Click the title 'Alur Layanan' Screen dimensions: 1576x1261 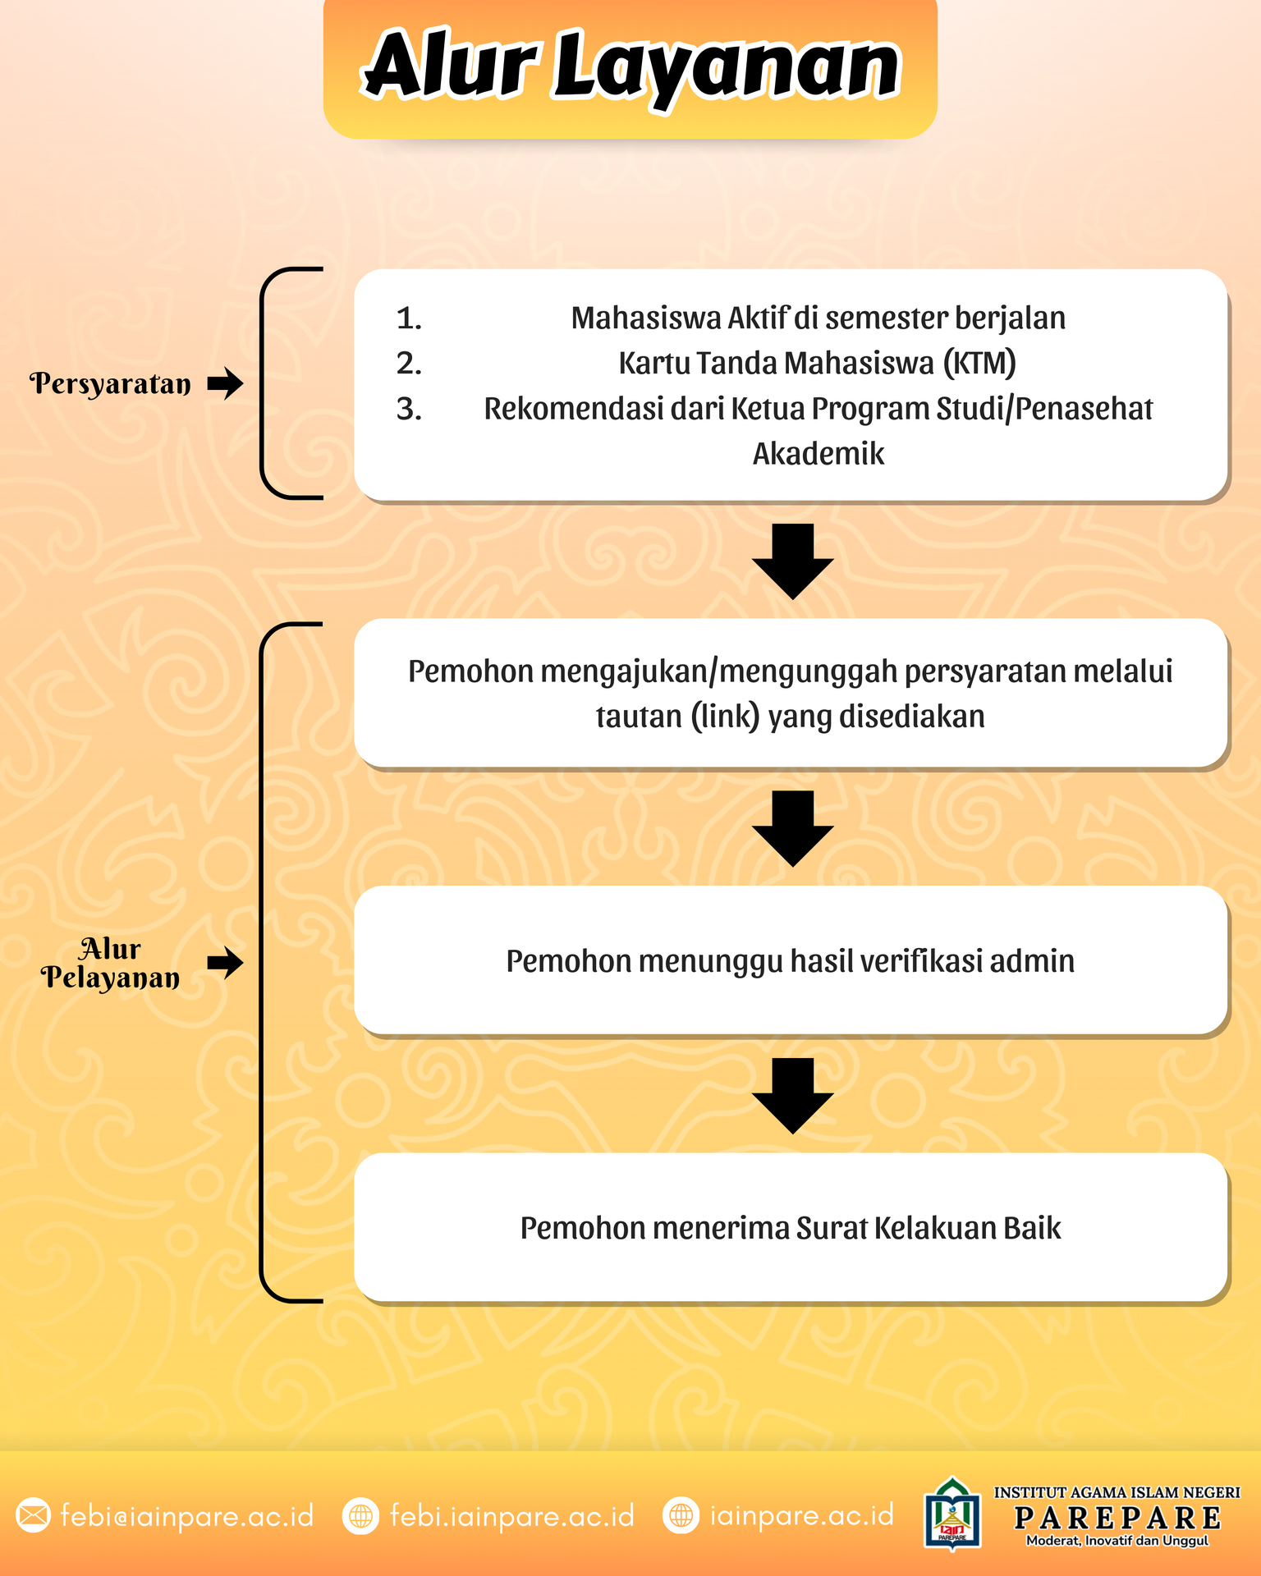630,66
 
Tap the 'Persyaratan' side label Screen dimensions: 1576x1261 110,383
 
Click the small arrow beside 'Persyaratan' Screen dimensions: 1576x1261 225,383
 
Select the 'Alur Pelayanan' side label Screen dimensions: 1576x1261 110,963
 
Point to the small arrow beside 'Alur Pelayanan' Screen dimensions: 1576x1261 225,963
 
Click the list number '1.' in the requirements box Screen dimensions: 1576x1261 409,318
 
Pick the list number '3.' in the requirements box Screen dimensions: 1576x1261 409,409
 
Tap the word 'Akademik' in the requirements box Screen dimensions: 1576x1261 819,454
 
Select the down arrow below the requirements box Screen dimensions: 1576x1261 793,561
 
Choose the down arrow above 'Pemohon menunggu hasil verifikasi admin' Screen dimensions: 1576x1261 793,828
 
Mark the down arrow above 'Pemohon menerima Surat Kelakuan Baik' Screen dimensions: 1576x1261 793,1096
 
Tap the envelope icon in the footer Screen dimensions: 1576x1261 34,1515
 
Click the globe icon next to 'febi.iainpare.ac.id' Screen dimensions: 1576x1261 360,1515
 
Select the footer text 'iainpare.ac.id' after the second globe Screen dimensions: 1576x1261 801,1515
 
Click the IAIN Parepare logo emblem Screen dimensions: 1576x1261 952,1515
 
